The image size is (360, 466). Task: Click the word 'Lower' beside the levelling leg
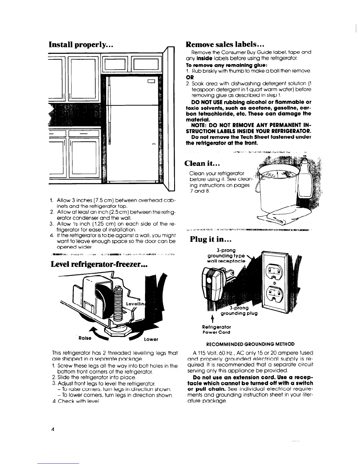151,339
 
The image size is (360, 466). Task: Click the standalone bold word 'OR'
190,77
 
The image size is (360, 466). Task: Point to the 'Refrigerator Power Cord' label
216,329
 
